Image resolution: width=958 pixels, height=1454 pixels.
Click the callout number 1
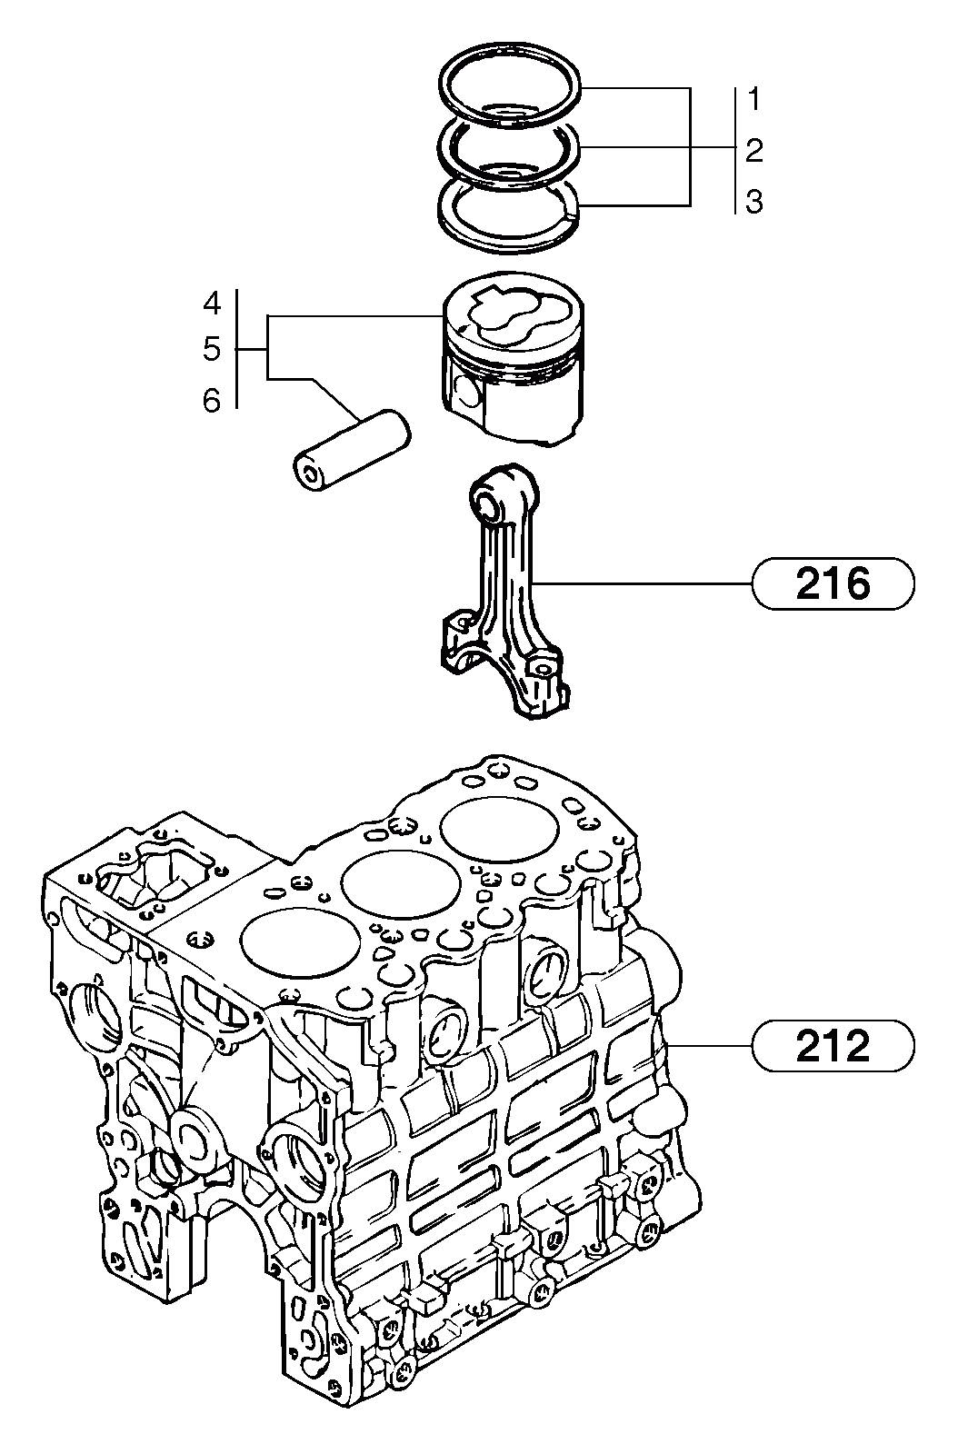pyautogui.click(x=754, y=99)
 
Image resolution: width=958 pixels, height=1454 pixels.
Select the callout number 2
pyautogui.click(x=754, y=151)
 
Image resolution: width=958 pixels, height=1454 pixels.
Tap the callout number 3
pyautogui.click(x=754, y=202)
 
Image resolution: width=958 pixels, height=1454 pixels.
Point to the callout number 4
pyautogui.click(x=211, y=303)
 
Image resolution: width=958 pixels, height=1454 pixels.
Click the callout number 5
pyautogui.click(x=211, y=349)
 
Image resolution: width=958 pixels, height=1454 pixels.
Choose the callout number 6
pyautogui.click(x=211, y=401)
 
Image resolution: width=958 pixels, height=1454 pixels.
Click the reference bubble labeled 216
pyautogui.click(x=833, y=583)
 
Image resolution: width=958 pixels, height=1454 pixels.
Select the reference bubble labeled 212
pyautogui.click(x=833, y=1045)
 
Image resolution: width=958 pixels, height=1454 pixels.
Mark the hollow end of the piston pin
pyautogui.click(x=308, y=472)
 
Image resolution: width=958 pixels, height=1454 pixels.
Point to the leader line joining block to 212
pyautogui.click(x=709, y=1045)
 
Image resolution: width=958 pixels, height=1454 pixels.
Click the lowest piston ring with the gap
pyautogui.click(x=505, y=214)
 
